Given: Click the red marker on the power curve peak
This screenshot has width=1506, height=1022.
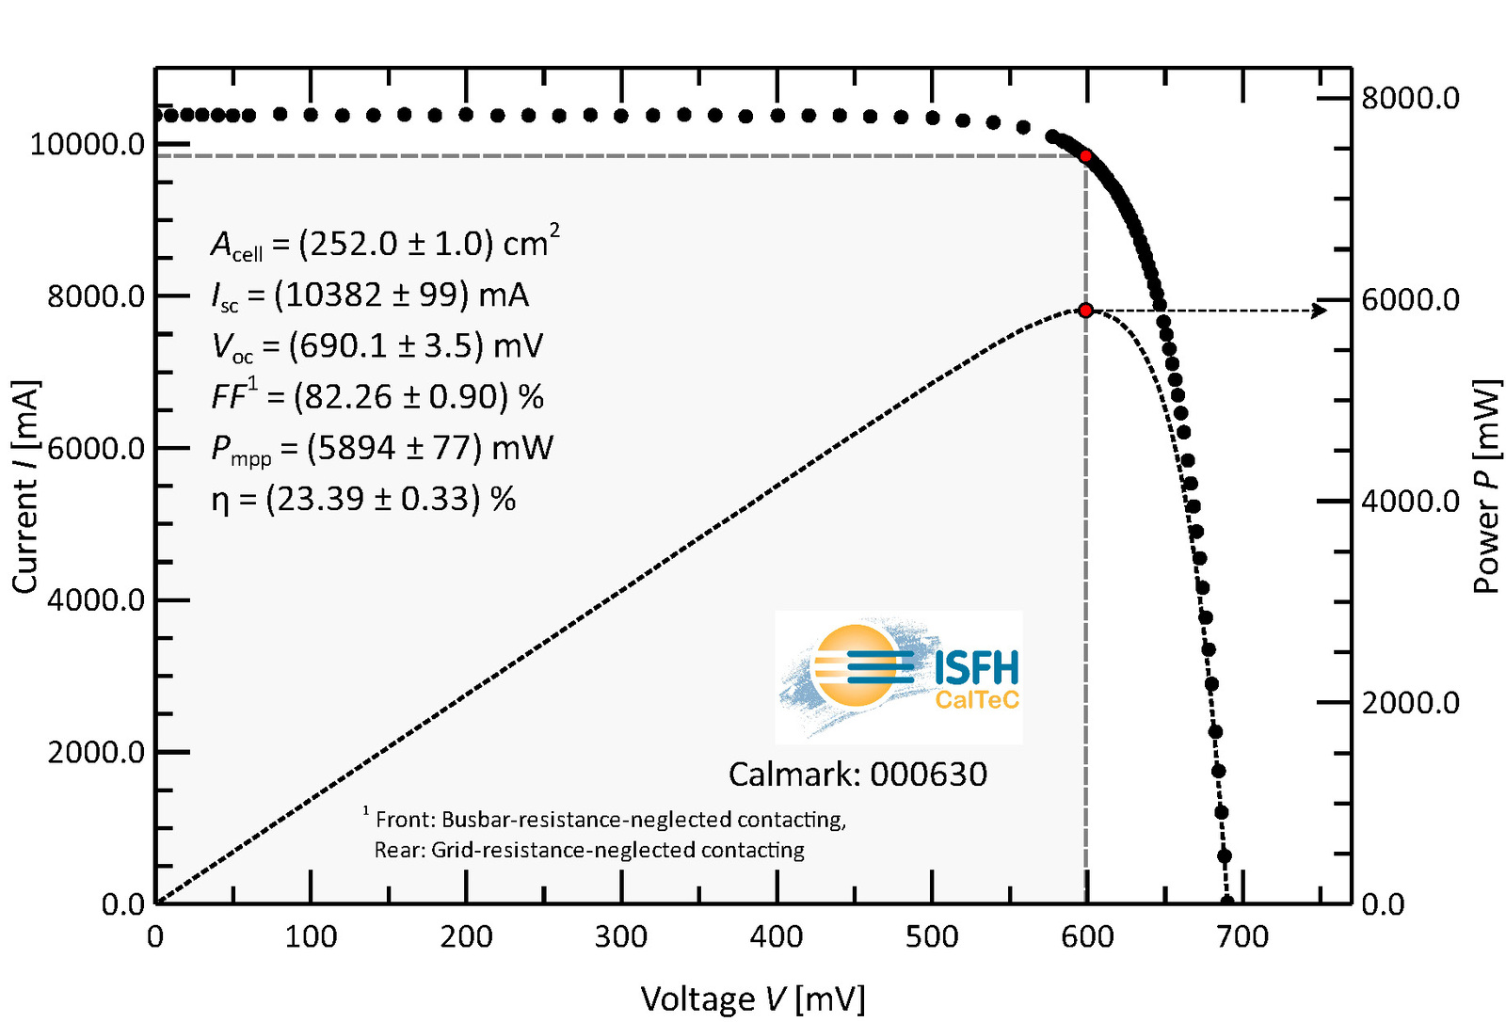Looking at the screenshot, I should tap(1085, 311).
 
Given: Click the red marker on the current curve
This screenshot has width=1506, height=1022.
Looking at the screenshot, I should tap(1085, 155).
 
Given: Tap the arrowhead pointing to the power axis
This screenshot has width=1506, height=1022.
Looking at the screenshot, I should tap(1320, 311).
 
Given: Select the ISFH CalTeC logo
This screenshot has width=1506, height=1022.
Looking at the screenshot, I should tap(898, 678).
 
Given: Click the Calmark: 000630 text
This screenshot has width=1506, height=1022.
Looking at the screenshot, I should tap(857, 774).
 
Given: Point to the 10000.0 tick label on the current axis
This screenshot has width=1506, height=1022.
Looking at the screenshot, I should tap(88, 145).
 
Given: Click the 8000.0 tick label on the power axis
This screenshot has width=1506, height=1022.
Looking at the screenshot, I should tap(1410, 98).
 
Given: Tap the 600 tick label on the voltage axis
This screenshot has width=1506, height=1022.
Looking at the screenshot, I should tap(1087, 937).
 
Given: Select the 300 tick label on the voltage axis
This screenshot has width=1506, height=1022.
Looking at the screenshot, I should tap(621, 937).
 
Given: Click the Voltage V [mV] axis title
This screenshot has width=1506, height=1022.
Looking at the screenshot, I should tap(752, 998).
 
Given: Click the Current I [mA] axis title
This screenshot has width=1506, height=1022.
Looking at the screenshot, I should tap(25, 487).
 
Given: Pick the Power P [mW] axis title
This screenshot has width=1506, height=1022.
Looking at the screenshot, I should tap(1486, 487).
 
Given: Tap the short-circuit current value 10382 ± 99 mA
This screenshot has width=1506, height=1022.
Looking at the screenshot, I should tap(370, 295).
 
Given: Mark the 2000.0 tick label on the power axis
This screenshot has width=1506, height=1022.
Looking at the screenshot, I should tap(1410, 703).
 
